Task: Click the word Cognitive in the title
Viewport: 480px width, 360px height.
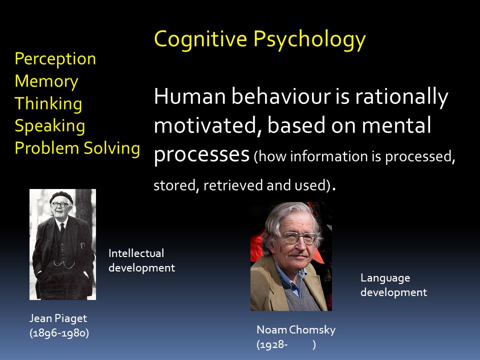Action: point(200,39)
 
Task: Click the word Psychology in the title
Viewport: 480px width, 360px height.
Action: point(309,40)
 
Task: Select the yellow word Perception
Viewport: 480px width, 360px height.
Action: point(55,59)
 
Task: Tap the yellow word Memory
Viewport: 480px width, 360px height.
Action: point(46,81)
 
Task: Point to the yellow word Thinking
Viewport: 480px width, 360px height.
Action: point(48,103)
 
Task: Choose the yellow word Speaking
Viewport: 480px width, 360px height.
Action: point(50,126)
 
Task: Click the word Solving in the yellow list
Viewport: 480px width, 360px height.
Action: point(111,148)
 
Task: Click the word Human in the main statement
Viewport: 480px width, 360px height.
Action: point(190,96)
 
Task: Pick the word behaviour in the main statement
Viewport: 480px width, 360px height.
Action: point(281,96)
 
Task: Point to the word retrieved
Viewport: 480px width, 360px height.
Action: point(232,185)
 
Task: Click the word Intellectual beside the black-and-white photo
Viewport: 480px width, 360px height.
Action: point(136,253)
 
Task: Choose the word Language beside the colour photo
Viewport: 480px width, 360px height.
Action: point(385,278)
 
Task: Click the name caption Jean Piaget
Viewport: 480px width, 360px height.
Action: point(58,318)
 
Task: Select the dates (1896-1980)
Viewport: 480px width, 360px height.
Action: point(59,333)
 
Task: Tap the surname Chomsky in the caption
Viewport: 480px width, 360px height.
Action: point(312,330)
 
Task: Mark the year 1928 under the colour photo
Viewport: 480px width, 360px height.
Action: point(272,345)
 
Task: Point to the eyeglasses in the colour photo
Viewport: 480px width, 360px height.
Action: point(299,238)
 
